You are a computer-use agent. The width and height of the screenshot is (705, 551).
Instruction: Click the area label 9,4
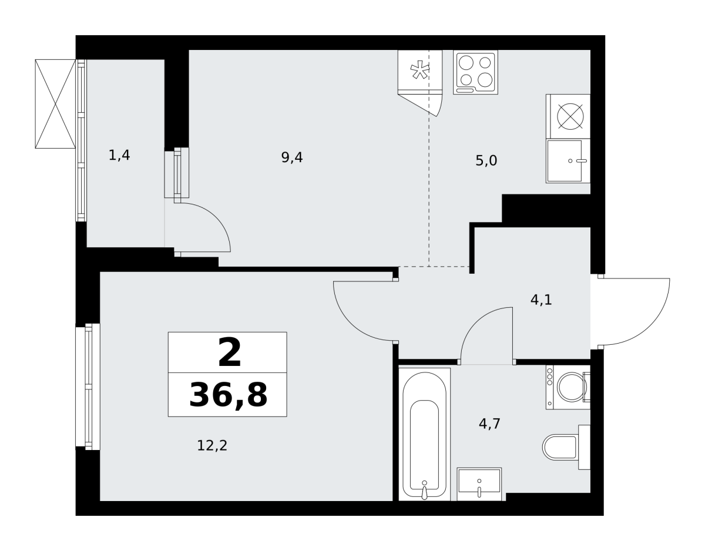click(x=291, y=157)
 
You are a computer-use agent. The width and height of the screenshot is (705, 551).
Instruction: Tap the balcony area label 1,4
click(x=119, y=155)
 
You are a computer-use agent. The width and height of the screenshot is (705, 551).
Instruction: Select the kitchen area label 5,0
click(x=486, y=160)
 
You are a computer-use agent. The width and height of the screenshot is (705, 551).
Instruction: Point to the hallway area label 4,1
click(x=541, y=300)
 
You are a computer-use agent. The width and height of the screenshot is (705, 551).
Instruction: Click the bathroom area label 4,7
click(x=489, y=424)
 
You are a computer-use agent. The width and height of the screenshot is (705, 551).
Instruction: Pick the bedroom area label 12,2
click(x=212, y=445)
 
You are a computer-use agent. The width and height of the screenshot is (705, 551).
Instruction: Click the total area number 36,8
click(x=228, y=395)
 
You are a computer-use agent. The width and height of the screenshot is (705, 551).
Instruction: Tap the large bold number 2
click(x=229, y=352)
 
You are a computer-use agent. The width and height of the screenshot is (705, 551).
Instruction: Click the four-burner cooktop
click(x=475, y=72)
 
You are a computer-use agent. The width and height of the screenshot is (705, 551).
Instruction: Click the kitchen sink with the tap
click(x=568, y=161)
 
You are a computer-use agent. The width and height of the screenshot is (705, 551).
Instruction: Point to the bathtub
click(x=424, y=434)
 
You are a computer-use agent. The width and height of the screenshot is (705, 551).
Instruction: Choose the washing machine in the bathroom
click(x=568, y=387)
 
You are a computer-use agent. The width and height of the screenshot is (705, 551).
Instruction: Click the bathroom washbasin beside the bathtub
click(x=479, y=484)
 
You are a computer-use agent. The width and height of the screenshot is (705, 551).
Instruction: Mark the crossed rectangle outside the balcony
click(x=55, y=104)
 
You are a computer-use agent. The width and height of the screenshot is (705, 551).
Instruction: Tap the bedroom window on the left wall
click(x=88, y=387)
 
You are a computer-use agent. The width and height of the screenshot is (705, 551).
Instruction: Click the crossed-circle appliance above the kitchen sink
click(x=570, y=116)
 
